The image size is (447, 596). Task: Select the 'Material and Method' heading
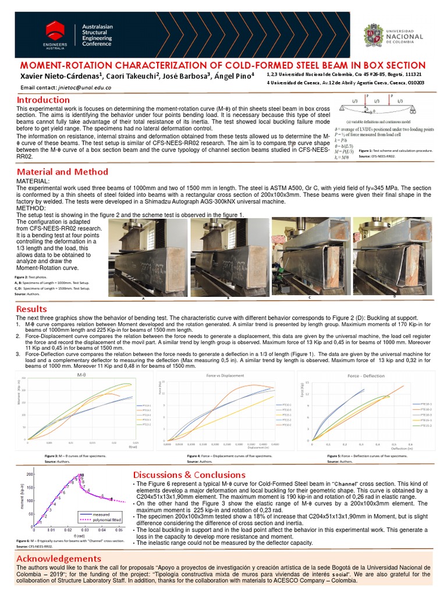[62, 172]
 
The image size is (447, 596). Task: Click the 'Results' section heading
[31, 308]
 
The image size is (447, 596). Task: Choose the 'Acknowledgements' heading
[59, 558]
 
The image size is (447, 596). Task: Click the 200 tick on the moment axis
[29, 474]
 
